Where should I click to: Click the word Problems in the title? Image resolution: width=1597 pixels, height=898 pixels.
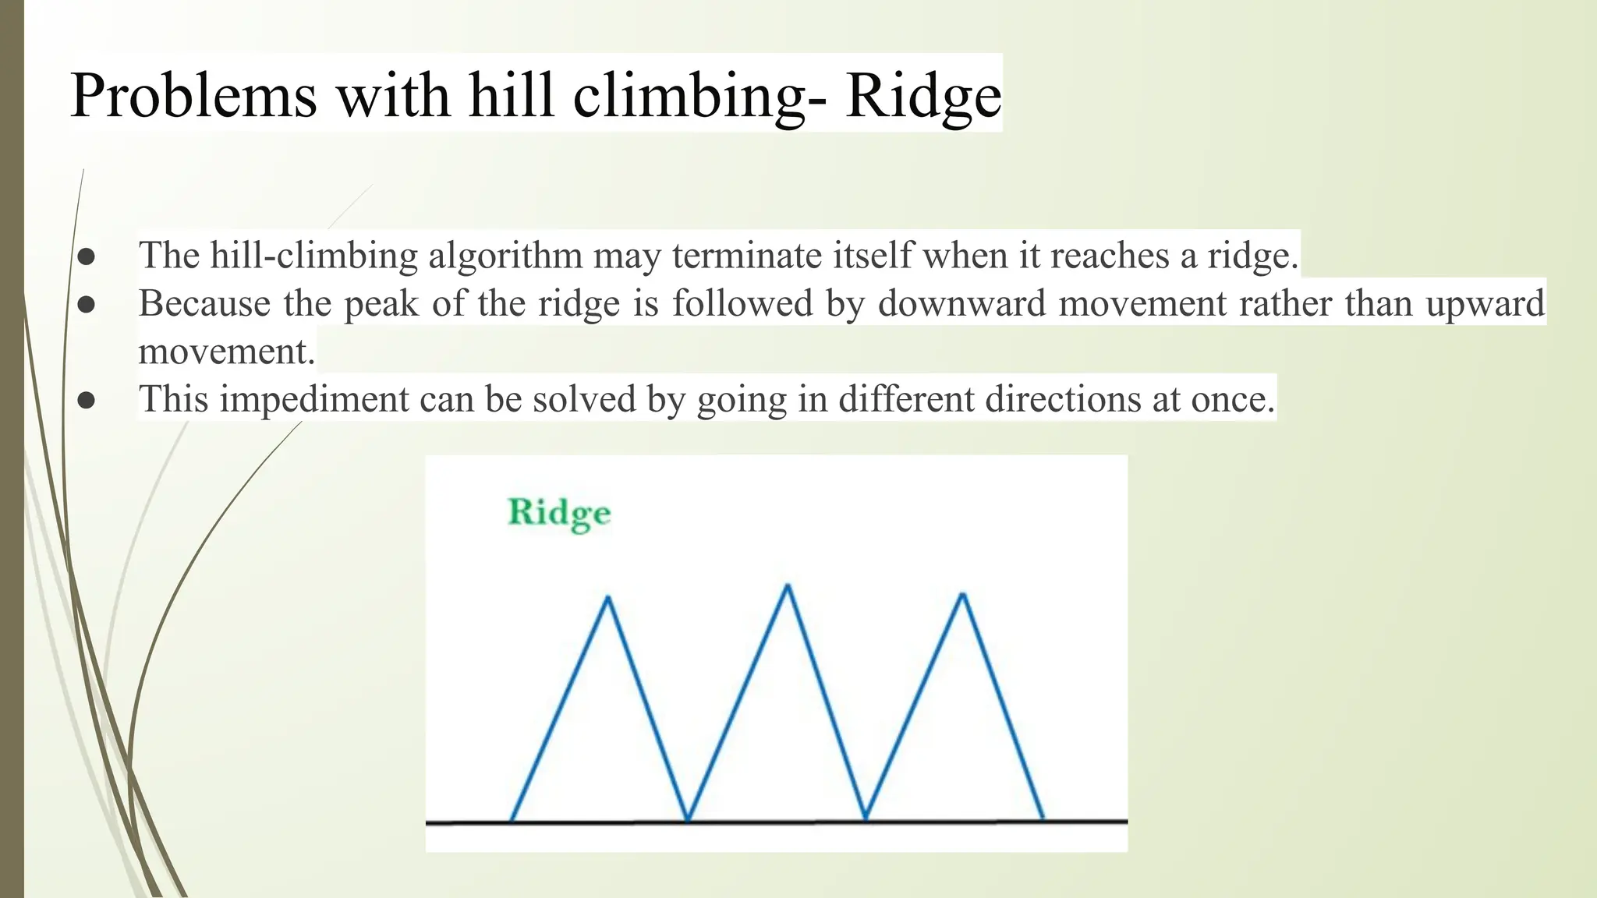pos(193,95)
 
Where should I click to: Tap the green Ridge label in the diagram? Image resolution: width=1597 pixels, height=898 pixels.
pos(558,513)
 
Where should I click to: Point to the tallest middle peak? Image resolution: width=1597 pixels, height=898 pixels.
pos(788,585)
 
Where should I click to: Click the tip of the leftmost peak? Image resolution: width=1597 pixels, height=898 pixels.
pos(608,598)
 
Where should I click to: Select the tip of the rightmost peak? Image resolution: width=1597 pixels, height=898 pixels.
pos(964,596)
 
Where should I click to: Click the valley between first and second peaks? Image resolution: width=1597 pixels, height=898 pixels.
pos(688,818)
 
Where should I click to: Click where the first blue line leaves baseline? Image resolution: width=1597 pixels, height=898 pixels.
pos(512,819)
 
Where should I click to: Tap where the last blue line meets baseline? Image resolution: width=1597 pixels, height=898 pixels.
pos(1043,818)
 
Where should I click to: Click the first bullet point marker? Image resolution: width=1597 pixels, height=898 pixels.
pos(86,256)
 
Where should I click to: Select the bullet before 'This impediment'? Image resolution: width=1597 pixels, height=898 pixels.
pos(86,400)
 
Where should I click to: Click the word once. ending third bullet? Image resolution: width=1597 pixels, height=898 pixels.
pos(1232,399)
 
